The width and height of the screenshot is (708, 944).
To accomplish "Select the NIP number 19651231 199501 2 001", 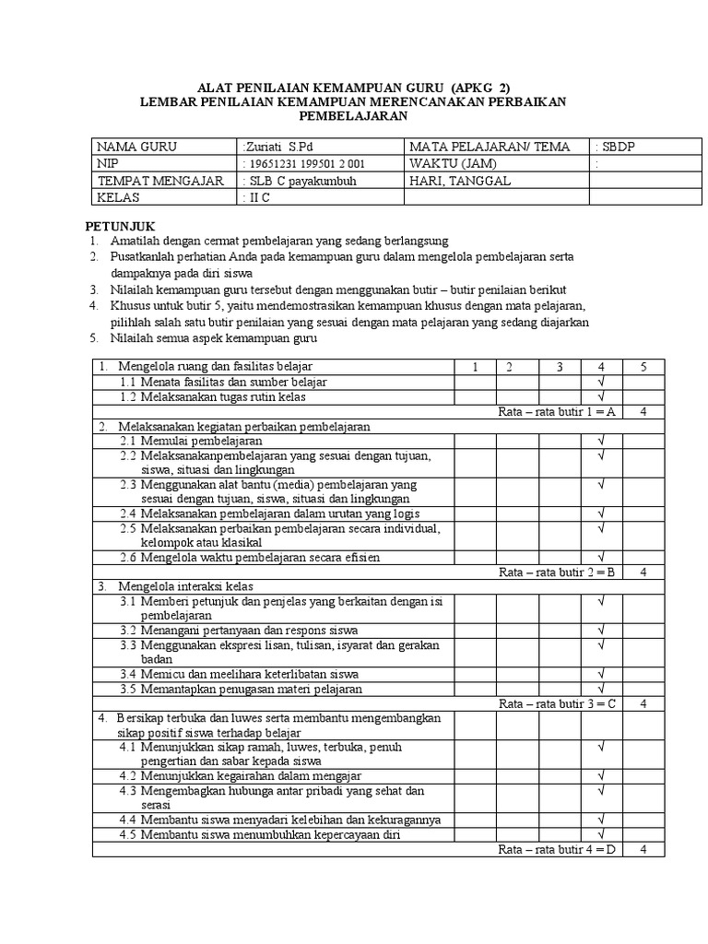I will [x=303, y=163].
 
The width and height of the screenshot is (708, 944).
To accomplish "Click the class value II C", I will [x=253, y=197].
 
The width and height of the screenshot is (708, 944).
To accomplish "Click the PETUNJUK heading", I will [x=121, y=226].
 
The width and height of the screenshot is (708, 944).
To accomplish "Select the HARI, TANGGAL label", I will [x=460, y=181].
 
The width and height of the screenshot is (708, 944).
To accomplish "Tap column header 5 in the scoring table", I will [x=643, y=367].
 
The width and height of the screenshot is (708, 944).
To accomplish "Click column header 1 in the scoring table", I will [x=477, y=367].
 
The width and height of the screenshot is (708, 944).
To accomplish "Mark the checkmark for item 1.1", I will [x=600, y=382].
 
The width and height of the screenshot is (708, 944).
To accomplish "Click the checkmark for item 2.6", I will [x=600, y=557].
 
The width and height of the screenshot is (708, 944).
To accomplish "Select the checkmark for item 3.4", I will [x=600, y=674].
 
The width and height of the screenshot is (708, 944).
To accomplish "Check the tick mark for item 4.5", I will [x=600, y=834].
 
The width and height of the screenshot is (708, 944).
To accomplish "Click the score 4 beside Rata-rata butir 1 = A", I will [x=643, y=412].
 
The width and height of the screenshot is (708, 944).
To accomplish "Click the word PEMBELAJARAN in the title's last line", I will [x=352, y=116].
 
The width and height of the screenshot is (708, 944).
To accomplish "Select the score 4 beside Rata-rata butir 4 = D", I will [x=643, y=849].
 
